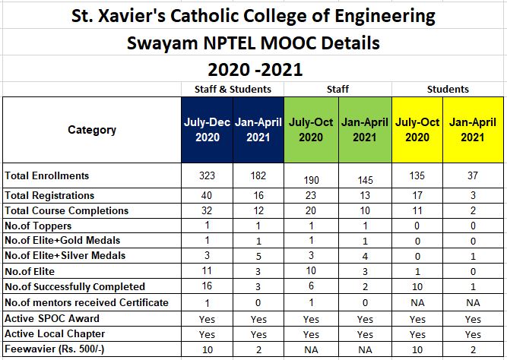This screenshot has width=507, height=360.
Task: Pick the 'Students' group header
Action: tap(448, 89)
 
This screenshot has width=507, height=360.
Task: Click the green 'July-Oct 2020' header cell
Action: tap(310, 129)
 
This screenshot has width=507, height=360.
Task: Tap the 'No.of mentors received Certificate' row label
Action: tap(86, 303)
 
